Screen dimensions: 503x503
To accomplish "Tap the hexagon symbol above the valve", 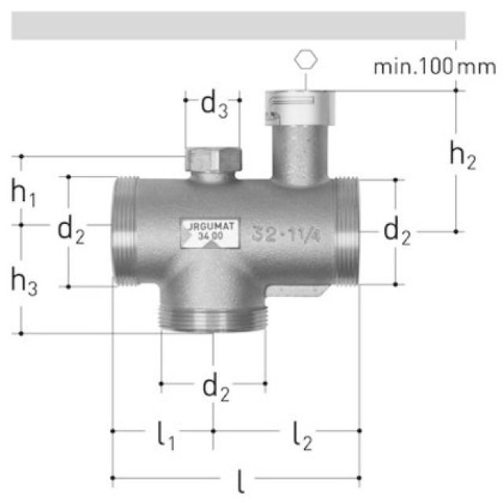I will (x=303, y=61).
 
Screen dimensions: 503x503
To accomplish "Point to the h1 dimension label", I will (x=24, y=193).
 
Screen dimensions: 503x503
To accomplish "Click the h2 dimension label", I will (x=462, y=156).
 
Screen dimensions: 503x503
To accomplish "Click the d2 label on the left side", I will (x=72, y=232).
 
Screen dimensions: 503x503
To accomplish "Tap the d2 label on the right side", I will (x=397, y=232).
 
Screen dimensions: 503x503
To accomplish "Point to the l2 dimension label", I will (x=301, y=434).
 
